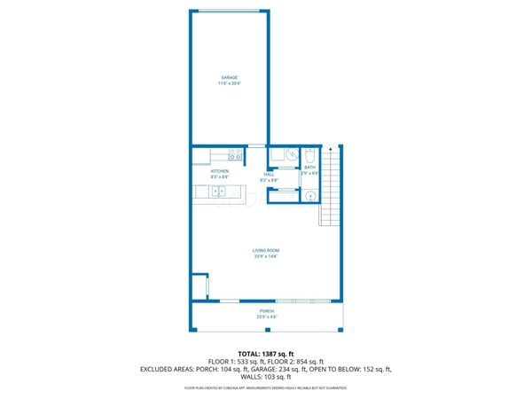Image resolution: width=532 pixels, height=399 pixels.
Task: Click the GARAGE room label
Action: click(229, 78)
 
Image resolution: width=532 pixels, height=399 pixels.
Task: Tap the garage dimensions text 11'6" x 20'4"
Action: click(229, 84)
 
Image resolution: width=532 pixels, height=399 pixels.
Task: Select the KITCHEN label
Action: click(220, 170)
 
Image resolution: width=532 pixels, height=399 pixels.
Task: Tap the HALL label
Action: click(269, 174)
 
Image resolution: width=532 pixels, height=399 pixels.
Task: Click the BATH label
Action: click(309, 167)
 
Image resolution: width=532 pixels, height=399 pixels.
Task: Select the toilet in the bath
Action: click(309, 154)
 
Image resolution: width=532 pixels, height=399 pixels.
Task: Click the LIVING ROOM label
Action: click(266, 251)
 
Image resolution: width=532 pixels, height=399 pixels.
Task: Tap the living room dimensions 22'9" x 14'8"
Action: click(266, 257)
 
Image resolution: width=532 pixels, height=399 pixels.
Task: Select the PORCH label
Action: click(266, 310)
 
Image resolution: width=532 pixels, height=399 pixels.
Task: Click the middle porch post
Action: click(267, 327)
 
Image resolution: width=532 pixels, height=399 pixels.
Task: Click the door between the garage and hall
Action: click(256, 145)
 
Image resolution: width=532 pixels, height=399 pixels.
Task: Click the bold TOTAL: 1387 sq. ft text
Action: click(266, 354)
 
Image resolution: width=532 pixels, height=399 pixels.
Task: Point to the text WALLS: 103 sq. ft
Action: click(266, 377)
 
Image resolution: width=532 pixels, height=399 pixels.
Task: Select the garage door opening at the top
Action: click(229, 12)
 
